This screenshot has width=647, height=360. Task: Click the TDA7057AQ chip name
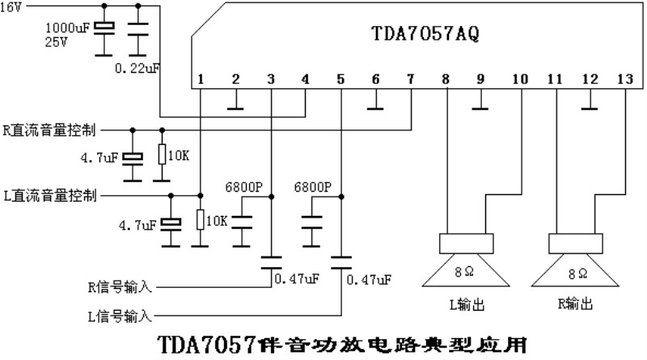pos(425,33)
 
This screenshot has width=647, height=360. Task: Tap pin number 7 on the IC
pos(410,78)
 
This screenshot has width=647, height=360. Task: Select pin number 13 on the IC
pos(625,78)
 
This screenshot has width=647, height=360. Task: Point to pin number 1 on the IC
pos(201,78)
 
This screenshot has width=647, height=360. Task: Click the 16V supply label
pos(11,7)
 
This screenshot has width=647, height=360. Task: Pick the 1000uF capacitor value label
pos(67,28)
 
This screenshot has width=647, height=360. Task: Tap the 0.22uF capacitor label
pos(137,68)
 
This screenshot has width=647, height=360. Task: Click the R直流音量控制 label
pos(49,130)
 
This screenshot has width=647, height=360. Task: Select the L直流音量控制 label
pos(50,195)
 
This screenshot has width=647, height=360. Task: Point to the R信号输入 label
pos(120,286)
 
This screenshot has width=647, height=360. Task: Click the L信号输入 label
pos(120,316)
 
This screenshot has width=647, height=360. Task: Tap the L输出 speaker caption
pos(467,305)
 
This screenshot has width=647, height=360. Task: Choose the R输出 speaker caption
pos(575,303)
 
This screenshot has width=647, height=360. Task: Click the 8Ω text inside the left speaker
pos(464,272)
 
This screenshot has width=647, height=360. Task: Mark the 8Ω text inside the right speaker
pos(577,273)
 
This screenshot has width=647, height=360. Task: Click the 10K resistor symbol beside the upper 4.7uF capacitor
pos(163,155)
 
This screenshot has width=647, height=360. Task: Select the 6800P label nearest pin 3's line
pos(244,187)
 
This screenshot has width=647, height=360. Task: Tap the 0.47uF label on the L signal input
pos(369,280)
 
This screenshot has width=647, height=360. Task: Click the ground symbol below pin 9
pos(480,108)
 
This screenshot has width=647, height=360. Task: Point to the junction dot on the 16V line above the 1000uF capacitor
pos(104,6)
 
